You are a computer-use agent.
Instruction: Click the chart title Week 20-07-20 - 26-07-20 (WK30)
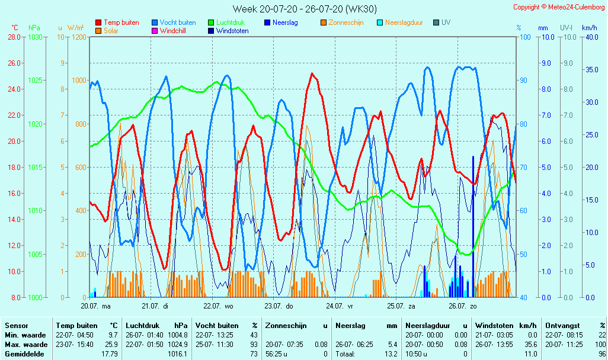pos(304,9)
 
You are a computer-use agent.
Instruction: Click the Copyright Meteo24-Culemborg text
pos(559,7)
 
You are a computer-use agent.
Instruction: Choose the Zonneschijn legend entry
pos(345,22)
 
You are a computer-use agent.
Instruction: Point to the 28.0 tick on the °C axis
pos(14,37)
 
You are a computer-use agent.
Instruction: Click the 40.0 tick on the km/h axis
pos(590,37)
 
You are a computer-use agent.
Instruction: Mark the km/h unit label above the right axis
pos(590,28)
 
